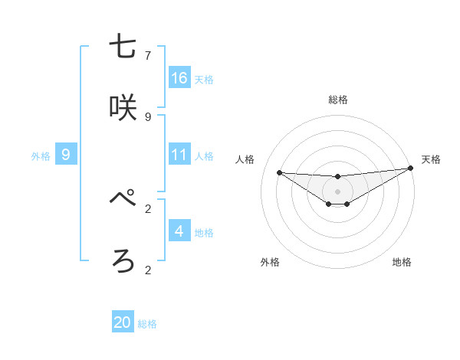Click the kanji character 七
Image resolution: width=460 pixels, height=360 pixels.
[x=123, y=47]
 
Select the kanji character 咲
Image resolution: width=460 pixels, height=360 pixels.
[x=123, y=108]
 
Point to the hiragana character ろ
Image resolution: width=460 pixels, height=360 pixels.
[x=123, y=260]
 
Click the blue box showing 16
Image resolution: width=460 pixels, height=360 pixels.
[x=179, y=78]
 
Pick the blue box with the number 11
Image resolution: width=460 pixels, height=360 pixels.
[x=179, y=155]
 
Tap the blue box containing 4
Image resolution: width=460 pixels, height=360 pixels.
[x=179, y=231]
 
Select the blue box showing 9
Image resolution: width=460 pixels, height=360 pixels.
[x=66, y=155]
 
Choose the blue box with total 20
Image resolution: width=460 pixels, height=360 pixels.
[x=123, y=322]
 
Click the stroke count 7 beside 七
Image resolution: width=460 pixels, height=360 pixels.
[x=148, y=56]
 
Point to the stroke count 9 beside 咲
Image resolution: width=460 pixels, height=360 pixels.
[x=148, y=117]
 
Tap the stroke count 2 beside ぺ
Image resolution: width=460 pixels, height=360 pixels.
[x=148, y=208]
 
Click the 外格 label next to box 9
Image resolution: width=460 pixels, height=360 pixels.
[x=41, y=156]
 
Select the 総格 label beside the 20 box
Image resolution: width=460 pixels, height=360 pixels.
[x=147, y=324]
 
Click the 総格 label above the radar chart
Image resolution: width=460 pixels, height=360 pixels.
[x=338, y=100]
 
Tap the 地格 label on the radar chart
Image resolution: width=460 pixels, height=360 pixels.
[x=402, y=262]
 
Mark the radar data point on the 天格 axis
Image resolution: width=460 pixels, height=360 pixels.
[x=411, y=169]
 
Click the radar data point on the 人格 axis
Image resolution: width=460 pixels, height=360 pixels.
[x=279, y=172]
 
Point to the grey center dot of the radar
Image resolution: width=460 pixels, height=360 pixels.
[x=337, y=191]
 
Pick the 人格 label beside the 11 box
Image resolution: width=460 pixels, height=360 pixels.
[x=204, y=156]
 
